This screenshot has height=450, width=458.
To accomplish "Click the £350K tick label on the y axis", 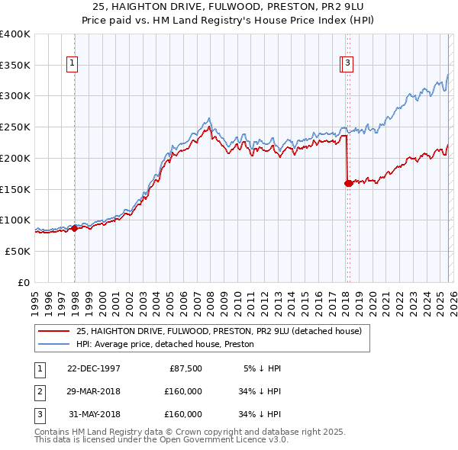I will point(15,66).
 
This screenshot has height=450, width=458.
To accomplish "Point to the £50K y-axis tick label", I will point(18,251).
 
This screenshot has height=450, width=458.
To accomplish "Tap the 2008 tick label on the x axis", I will point(210,298).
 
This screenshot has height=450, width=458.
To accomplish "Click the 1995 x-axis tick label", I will point(34,298).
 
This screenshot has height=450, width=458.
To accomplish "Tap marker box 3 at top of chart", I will point(348,64).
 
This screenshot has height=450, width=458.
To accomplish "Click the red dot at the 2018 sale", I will point(348,183).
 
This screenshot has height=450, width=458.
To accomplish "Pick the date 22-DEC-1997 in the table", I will point(93,368).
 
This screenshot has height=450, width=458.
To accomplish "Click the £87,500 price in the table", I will point(183,368).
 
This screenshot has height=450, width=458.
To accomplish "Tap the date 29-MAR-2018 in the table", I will point(93,391).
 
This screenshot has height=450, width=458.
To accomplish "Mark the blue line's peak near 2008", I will point(209,118).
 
